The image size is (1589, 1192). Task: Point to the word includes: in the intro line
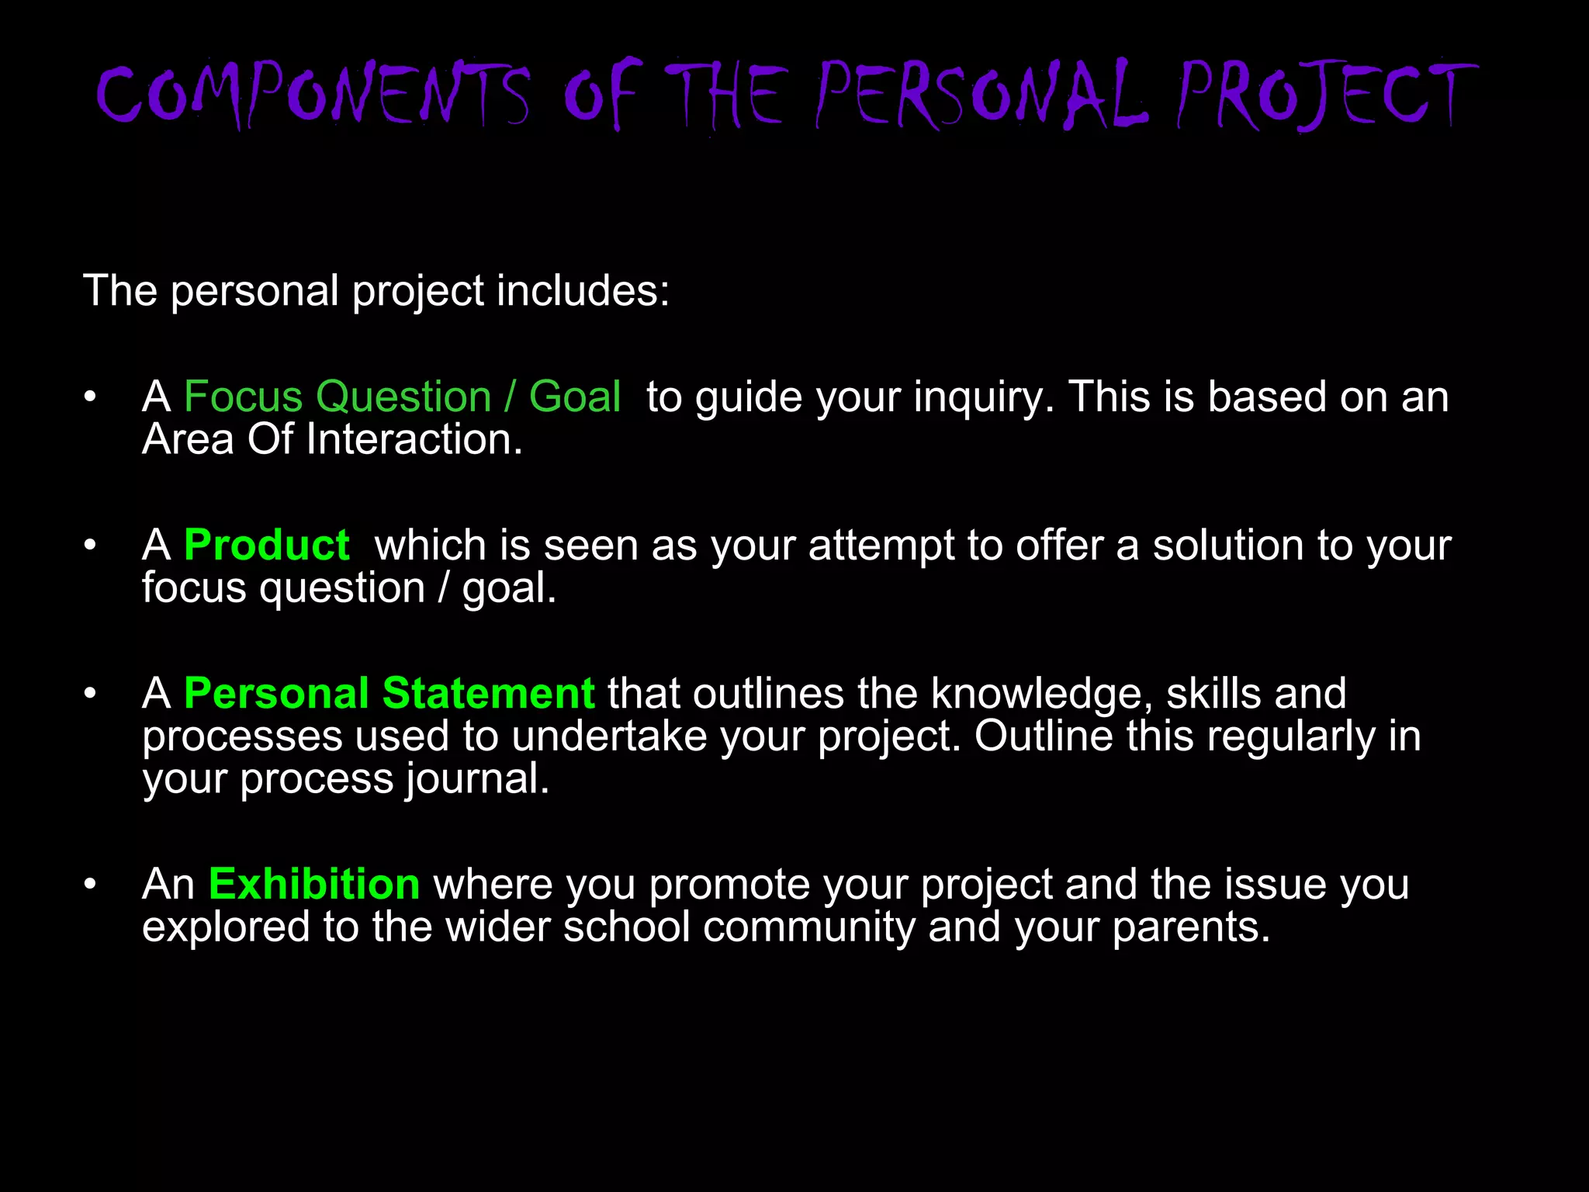(x=583, y=291)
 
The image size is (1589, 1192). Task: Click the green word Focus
(x=243, y=397)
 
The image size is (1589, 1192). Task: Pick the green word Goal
(x=575, y=397)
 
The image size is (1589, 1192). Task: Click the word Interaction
(x=414, y=439)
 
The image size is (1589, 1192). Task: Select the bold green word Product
(x=267, y=545)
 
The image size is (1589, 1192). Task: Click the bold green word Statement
(x=489, y=693)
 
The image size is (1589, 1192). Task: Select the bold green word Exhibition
(x=314, y=884)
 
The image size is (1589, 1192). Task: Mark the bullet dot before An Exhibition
(x=91, y=884)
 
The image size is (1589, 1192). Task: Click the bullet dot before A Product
(x=91, y=545)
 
